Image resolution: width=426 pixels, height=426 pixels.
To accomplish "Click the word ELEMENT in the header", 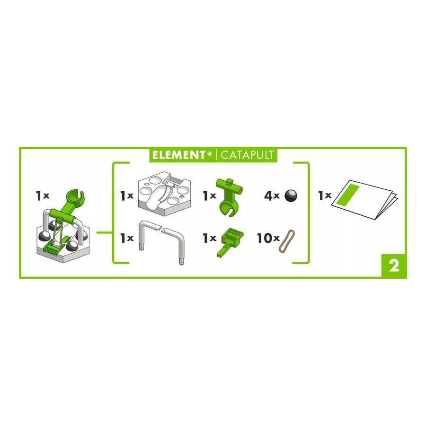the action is (178, 155).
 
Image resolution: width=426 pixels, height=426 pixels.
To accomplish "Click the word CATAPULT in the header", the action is (247, 155).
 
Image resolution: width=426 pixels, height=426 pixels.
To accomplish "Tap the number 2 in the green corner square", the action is (394, 266).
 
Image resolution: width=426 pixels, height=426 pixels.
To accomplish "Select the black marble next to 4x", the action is (291, 195).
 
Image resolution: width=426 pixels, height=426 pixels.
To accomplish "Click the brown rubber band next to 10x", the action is (287, 241).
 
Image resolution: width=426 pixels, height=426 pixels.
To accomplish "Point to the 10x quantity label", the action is (268, 238).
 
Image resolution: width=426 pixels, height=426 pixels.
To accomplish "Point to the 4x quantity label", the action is (272, 195).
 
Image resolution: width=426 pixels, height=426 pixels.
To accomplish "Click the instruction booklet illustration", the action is (364, 199).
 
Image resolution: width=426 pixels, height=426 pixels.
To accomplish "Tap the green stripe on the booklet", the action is (348, 195).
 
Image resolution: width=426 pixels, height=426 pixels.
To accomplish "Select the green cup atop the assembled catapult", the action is (75, 198).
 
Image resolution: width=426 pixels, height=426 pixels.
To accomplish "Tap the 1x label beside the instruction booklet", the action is (324, 195).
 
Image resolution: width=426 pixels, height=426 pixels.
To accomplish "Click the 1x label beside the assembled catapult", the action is (43, 195).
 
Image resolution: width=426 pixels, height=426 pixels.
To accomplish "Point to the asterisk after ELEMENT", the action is (209, 153).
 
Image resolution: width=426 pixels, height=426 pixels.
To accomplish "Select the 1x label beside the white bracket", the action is (127, 238).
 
